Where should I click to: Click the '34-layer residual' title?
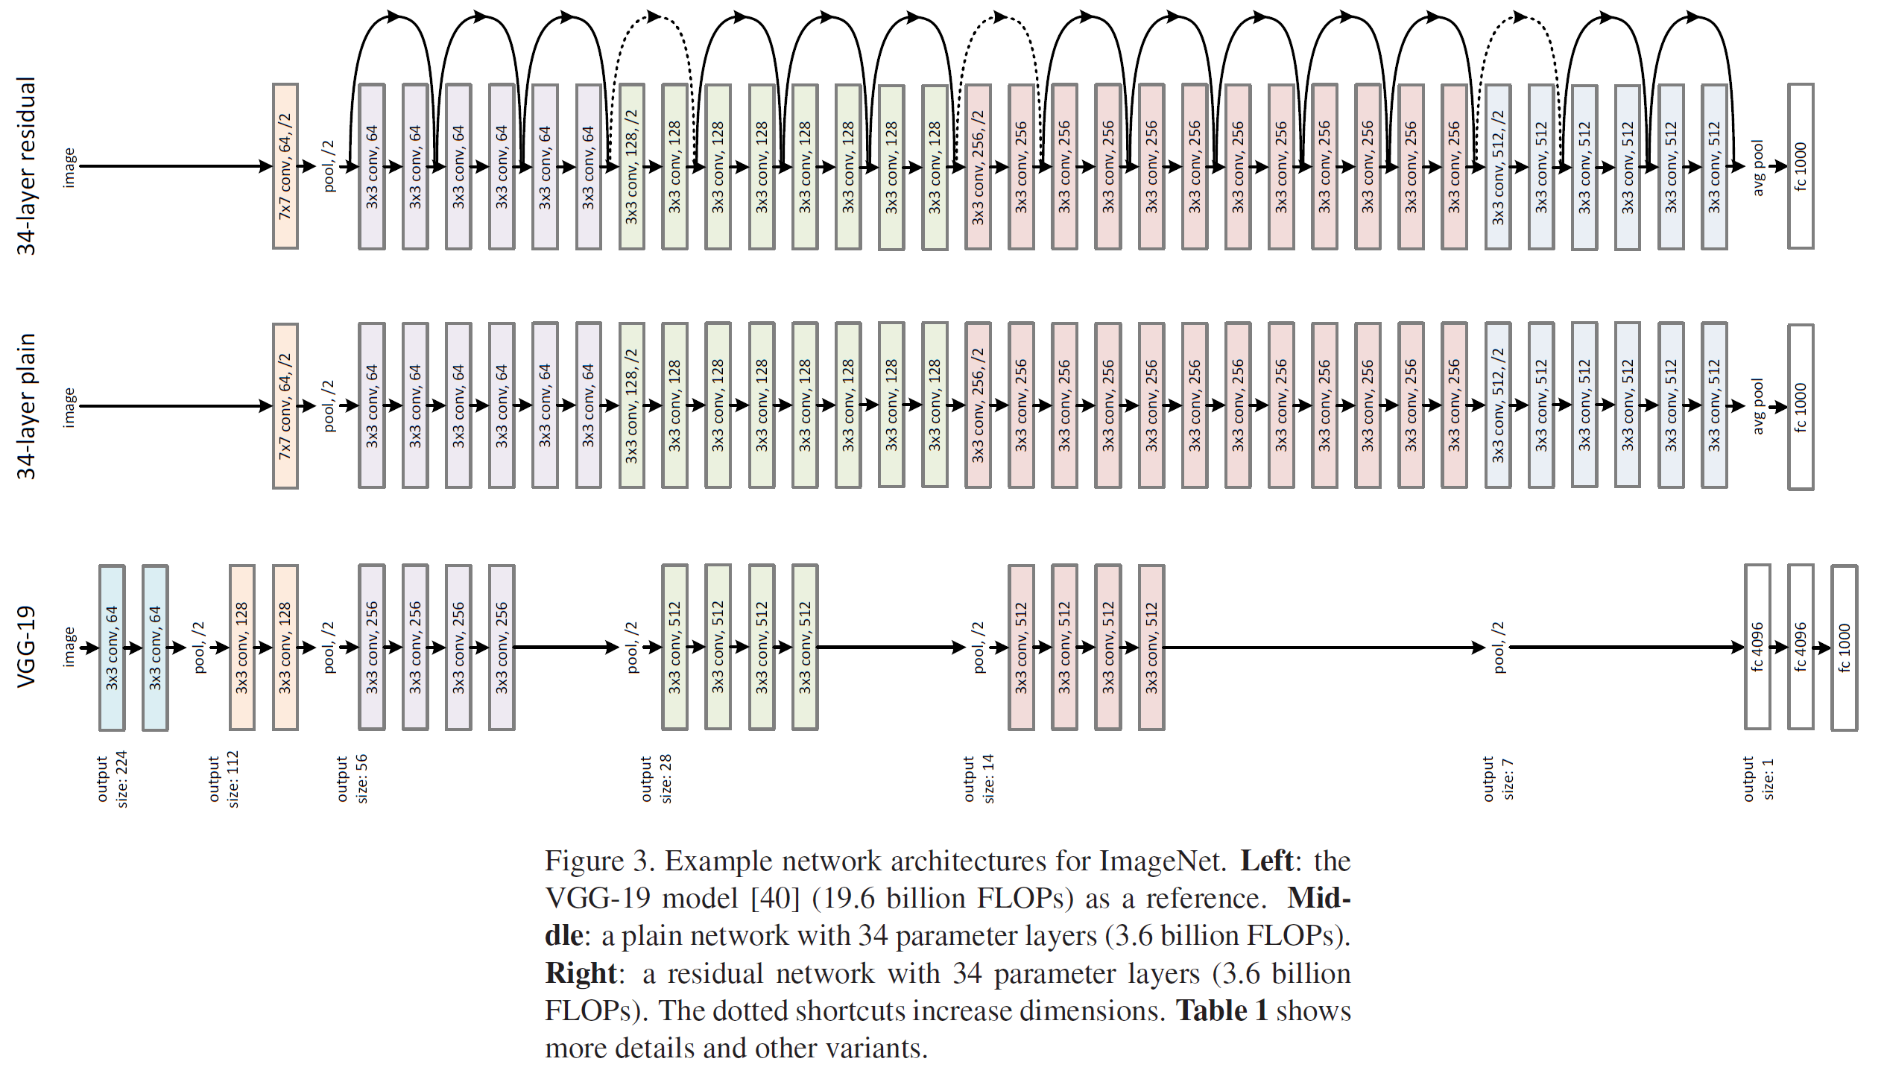click(x=27, y=165)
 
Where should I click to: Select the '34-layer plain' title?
click(x=27, y=406)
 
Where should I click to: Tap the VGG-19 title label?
click(x=27, y=647)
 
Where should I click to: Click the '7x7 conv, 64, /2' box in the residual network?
click(x=285, y=166)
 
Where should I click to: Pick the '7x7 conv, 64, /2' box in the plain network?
click(x=285, y=406)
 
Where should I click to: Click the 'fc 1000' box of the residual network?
click(x=1801, y=166)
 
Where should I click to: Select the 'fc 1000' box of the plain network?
click(x=1801, y=407)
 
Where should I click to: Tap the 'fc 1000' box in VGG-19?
click(x=1844, y=648)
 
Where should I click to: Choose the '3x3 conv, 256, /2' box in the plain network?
click(x=978, y=406)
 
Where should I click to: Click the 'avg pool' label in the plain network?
click(x=1758, y=407)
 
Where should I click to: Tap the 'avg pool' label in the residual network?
click(x=1758, y=167)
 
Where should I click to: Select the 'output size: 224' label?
click(x=113, y=779)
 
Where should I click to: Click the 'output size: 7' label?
click(x=1498, y=779)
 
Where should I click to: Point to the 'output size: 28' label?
click(x=657, y=779)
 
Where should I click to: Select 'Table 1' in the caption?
click(x=1221, y=1011)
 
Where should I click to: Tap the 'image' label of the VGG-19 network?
click(x=69, y=647)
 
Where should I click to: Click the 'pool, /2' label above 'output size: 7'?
click(x=1499, y=647)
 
